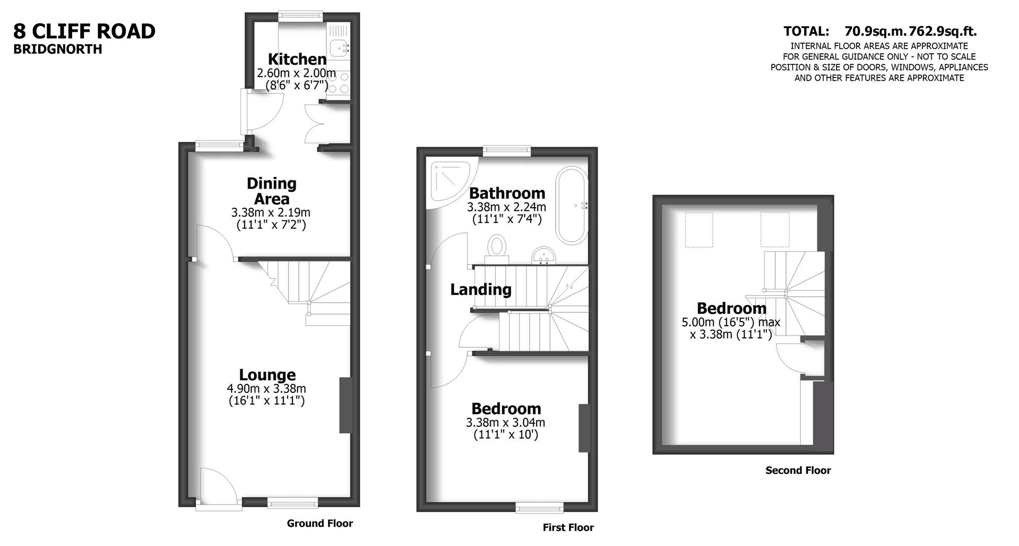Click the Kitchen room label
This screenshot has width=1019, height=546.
tap(297, 59)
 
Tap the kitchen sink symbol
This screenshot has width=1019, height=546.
tap(338, 48)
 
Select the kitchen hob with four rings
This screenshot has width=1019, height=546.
tap(340, 83)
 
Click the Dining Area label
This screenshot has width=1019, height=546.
tap(271, 191)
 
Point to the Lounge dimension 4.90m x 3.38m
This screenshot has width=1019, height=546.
tap(266, 389)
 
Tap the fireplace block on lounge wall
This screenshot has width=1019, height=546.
tap(346, 405)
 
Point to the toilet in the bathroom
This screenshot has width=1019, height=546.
tap(497, 248)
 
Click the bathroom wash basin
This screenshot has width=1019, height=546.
tap(543, 255)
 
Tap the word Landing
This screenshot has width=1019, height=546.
tap(481, 289)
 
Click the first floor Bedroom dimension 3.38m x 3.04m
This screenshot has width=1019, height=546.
tap(505, 423)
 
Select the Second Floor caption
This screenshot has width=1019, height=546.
tap(798, 470)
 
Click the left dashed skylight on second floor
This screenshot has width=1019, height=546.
tap(698, 230)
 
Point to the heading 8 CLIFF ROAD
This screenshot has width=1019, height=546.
tap(84, 31)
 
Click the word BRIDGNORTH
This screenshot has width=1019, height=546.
tap(57, 49)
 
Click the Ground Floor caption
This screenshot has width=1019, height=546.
tap(319, 523)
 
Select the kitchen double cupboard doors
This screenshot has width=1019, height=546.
tap(315, 122)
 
